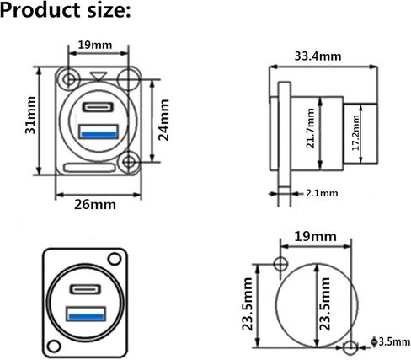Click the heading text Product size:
click(x=66, y=11)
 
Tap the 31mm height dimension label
click(x=30, y=115)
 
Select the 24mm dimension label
click(x=163, y=120)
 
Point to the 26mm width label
click(x=95, y=204)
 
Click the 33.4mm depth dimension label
click(x=318, y=56)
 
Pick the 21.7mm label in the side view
click(x=310, y=128)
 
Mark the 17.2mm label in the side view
click(x=355, y=132)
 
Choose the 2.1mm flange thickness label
click(x=322, y=193)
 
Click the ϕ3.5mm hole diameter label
click(x=390, y=341)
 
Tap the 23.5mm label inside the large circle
click(x=324, y=304)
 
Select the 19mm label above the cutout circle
click(x=315, y=237)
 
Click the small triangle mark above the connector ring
click(x=99, y=76)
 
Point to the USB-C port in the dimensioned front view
click(x=98, y=107)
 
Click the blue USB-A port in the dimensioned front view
click(x=99, y=132)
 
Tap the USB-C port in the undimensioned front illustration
click(x=85, y=289)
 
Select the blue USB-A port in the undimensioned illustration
click(x=86, y=314)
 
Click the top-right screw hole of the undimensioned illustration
click(x=115, y=259)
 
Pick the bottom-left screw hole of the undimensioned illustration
click(x=54, y=347)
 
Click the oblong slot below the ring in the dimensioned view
click(x=89, y=168)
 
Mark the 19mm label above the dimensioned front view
click(x=95, y=45)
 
